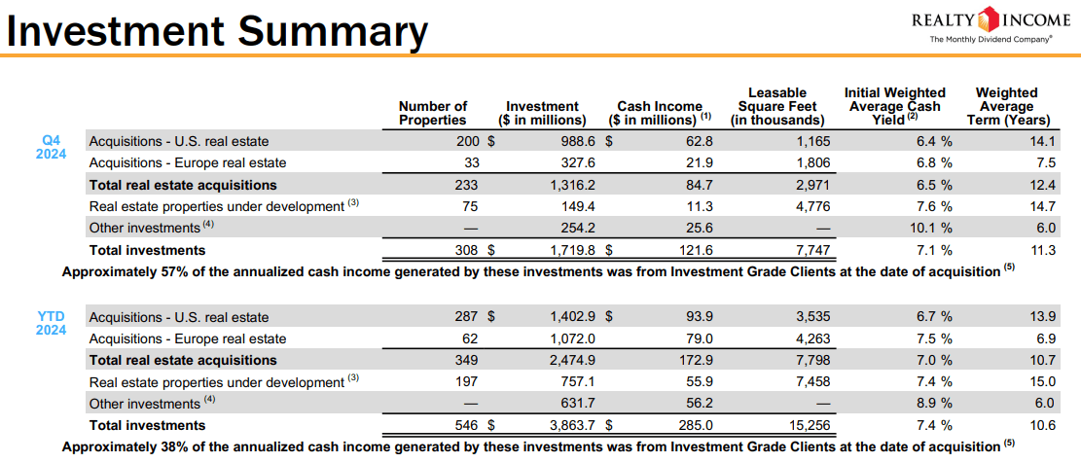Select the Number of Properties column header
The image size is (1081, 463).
pyautogui.click(x=433, y=113)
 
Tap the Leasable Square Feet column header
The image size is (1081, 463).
pyautogui.click(x=776, y=106)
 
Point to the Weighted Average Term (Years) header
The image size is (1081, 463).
pyautogui.click(x=1007, y=106)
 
